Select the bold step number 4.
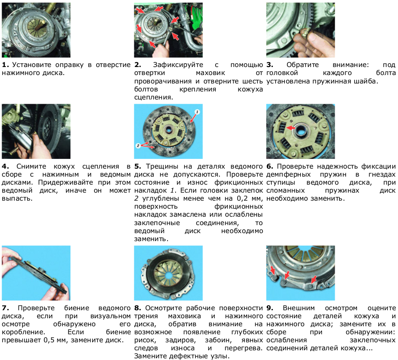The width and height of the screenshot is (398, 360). [x=5, y=167]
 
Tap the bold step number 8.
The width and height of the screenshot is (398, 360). [x=138, y=308]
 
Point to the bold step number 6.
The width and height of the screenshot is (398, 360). [x=270, y=167]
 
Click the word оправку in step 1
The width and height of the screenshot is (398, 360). [x=69, y=65]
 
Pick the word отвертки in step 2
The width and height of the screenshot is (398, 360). [x=149, y=73]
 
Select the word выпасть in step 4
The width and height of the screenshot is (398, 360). [x=17, y=199]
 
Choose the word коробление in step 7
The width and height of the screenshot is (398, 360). [x=23, y=332]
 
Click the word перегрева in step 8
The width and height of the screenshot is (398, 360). [x=244, y=348]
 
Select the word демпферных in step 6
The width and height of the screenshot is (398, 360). [x=289, y=175]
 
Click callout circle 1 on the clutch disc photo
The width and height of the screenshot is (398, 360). [x=198, y=112]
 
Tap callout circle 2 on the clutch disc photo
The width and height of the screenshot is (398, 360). [x=138, y=145]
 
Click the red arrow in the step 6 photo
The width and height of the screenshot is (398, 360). [x=291, y=128]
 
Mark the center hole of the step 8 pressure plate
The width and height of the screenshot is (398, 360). [x=168, y=274]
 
